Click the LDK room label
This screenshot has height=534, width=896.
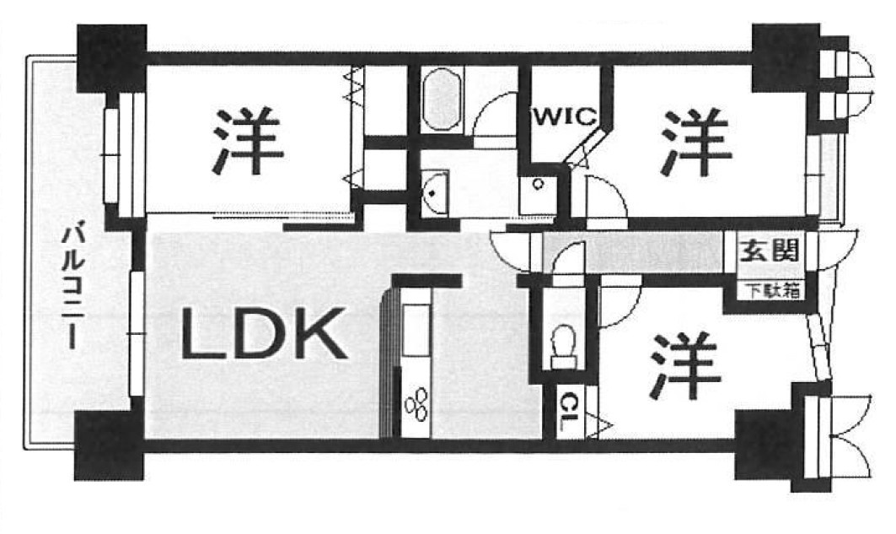(264, 333)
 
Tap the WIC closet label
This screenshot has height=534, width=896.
(565, 116)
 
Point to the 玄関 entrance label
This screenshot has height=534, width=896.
(769, 250)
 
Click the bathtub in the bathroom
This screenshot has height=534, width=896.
(441, 100)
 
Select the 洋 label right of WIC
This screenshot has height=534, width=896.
(695, 142)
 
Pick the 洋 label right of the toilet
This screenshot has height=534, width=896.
(685, 366)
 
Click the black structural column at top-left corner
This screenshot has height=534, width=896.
(111, 57)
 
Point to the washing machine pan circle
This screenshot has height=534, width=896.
(538, 184)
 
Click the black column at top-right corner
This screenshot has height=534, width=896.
(786, 57)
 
